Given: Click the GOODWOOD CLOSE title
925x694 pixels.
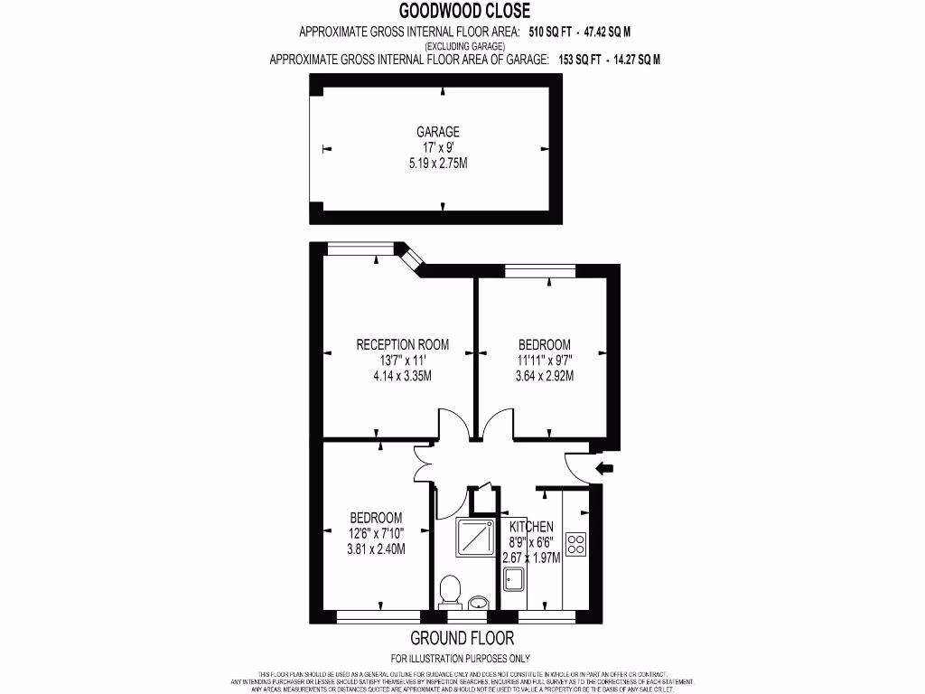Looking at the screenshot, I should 465,11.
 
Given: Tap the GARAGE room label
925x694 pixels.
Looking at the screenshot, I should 438,132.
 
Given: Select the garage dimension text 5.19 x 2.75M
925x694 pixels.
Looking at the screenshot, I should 438,164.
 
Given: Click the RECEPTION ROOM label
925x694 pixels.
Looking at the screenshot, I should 402,344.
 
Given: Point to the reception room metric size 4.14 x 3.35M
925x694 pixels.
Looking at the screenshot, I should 402,376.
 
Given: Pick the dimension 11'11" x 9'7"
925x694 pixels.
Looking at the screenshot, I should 545,361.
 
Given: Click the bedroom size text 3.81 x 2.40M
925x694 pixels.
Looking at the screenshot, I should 376,549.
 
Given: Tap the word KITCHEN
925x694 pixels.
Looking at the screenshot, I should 531,527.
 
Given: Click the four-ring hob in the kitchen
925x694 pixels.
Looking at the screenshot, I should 575,543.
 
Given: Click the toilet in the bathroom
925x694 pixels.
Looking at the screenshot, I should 449,594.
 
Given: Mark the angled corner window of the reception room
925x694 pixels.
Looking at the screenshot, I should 412,259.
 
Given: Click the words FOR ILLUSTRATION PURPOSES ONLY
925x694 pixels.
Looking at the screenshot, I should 460,658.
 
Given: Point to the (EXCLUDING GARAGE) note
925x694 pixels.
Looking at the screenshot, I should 465,46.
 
